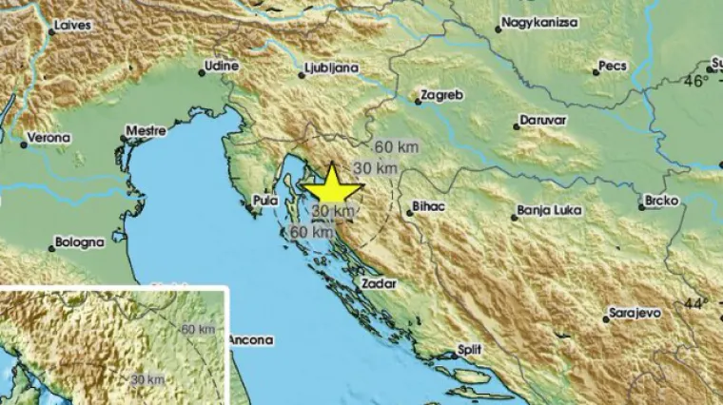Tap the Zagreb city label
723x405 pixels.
[x=440, y=97]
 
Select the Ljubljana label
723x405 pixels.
[x=327, y=69]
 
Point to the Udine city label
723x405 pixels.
[x=223, y=67]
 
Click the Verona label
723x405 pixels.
[x=49, y=138]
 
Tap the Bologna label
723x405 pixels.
[x=78, y=242]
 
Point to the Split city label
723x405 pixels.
[x=468, y=349]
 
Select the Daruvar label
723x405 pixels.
[x=542, y=123]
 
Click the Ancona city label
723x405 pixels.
[x=251, y=339]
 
